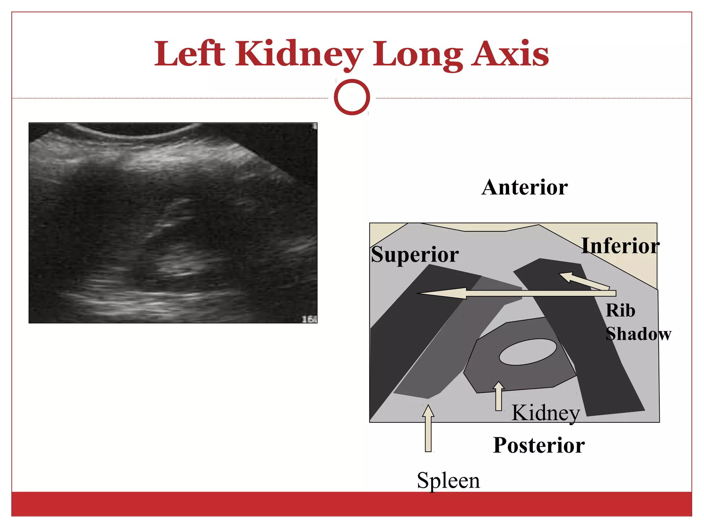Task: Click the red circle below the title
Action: (352, 97)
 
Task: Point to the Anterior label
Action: (525, 187)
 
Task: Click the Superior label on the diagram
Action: (415, 255)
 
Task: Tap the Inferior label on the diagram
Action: (620, 246)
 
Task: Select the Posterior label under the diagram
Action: (539, 445)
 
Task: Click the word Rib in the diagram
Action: (620, 310)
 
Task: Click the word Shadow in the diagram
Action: (638, 334)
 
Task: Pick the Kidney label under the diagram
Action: (546, 413)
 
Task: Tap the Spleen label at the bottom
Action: (448, 481)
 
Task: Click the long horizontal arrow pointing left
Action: (516, 293)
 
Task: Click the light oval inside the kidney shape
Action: (528, 352)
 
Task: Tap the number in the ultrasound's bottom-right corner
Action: (309, 319)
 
